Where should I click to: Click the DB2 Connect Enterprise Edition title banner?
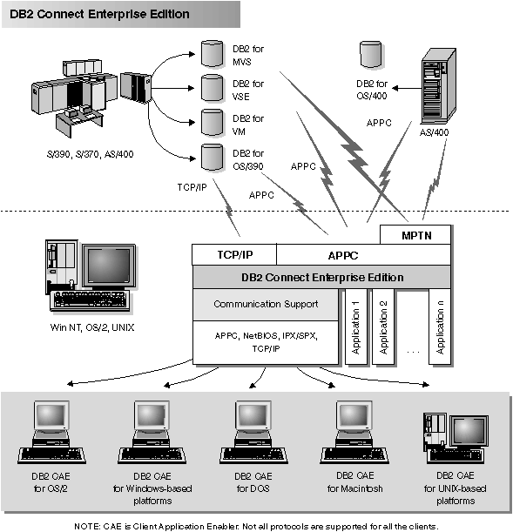click(100, 15)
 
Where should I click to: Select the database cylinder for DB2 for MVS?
click(212, 53)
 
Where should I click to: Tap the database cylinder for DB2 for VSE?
click(212, 86)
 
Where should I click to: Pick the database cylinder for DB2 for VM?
click(212, 121)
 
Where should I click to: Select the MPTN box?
click(415, 235)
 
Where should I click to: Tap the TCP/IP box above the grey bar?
click(233, 254)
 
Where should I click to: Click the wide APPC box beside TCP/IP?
click(363, 254)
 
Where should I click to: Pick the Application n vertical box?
click(440, 327)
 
